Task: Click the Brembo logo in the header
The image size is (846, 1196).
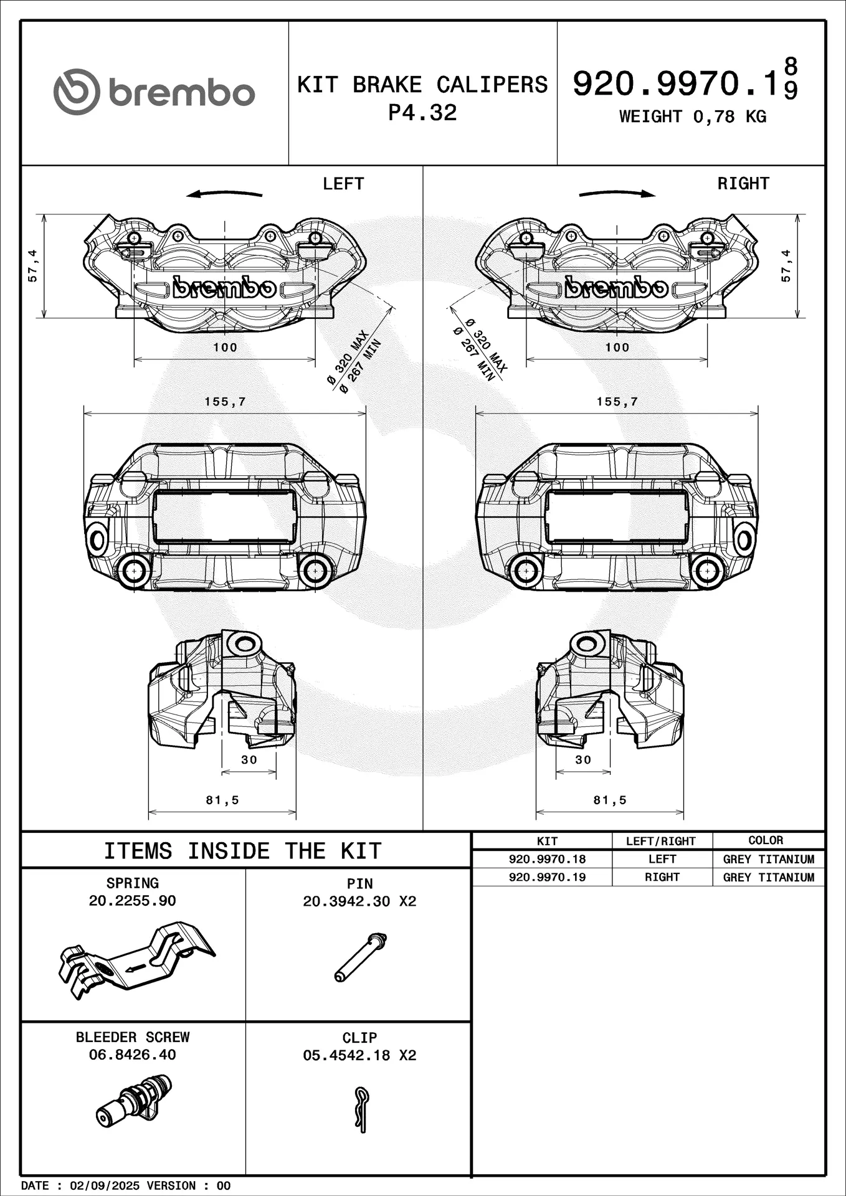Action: pyautogui.click(x=154, y=92)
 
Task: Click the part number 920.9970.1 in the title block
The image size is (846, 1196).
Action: pyautogui.click(x=677, y=83)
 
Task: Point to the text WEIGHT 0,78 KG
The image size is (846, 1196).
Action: pyautogui.click(x=692, y=116)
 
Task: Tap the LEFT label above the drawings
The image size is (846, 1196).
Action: pyautogui.click(x=343, y=184)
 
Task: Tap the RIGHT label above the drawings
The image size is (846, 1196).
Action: pyautogui.click(x=743, y=184)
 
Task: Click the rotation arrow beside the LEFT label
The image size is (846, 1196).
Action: pyautogui.click(x=224, y=194)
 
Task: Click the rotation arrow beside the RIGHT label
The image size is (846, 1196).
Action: pyautogui.click(x=617, y=194)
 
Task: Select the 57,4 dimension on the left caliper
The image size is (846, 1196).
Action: pyautogui.click(x=33, y=266)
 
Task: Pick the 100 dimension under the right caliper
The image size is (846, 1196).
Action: pyautogui.click(x=617, y=348)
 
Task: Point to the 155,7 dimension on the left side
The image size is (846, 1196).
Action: pyautogui.click(x=226, y=402)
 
